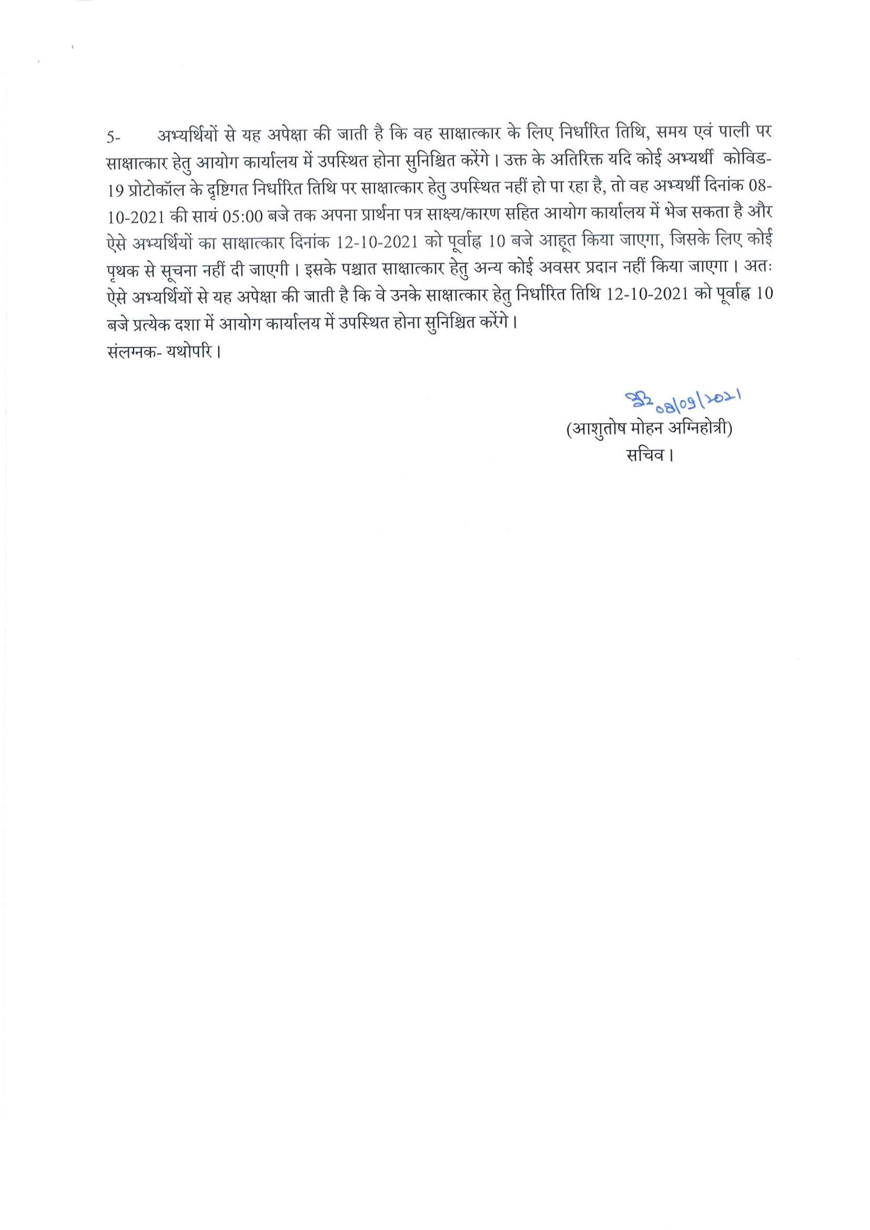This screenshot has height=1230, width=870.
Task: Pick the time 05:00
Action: pos(243,216)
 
